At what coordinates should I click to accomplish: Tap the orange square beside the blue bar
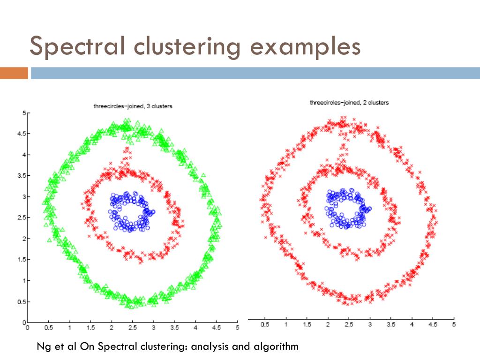pos(14,73)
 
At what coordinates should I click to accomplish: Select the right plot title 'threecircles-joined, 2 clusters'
pos(349,102)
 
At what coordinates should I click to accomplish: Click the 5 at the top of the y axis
pos(23,113)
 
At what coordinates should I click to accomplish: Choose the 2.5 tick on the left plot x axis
pos(133,328)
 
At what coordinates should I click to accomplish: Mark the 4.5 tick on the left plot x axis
pos(217,328)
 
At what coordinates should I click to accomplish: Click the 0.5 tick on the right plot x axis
pos(265,324)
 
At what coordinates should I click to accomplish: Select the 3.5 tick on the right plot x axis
pos(391,324)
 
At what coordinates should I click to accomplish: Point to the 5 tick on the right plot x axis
pos(454,324)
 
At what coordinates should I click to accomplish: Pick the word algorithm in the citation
pos(277,347)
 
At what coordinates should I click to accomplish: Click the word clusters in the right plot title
pos(377,102)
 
